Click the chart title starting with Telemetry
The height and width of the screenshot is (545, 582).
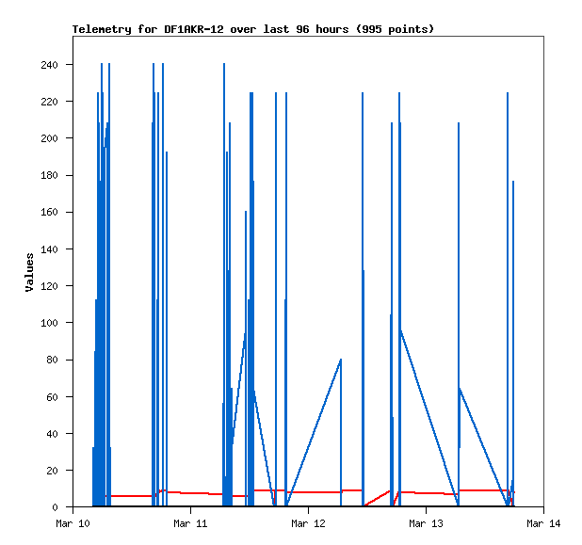pyautogui.click(x=253, y=29)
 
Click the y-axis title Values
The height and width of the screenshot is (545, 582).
pyautogui.click(x=29, y=272)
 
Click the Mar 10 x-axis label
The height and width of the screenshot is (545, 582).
pyautogui.click(x=73, y=523)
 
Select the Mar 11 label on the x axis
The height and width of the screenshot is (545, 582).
pyautogui.click(x=190, y=523)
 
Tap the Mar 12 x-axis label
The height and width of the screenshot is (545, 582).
pyautogui.click(x=308, y=523)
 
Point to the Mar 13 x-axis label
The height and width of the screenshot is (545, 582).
pyautogui.click(x=426, y=523)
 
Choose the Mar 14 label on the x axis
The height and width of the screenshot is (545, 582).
pyautogui.click(x=543, y=523)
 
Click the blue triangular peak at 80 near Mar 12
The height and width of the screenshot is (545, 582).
pyautogui.click(x=340, y=360)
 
